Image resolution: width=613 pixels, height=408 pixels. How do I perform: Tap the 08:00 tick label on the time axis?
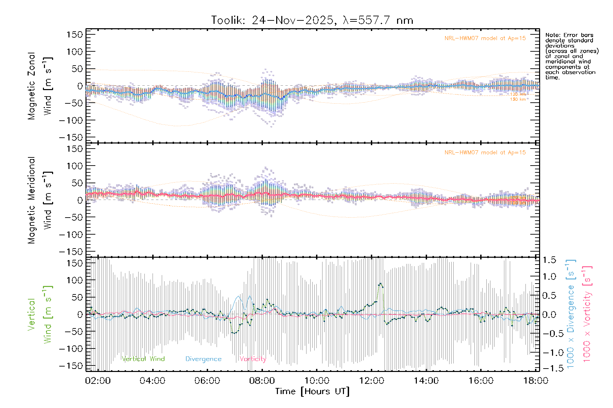click(262, 380)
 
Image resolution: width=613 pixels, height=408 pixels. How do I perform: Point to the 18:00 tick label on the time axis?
click(535, 380)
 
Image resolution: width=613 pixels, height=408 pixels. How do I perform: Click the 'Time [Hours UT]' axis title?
click(312, 391)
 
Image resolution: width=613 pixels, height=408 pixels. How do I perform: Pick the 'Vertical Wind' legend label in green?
click(143, 359)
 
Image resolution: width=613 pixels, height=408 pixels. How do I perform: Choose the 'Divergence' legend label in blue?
click(203, 359)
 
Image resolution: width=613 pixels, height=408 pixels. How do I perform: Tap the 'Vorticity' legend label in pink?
click(252, 359)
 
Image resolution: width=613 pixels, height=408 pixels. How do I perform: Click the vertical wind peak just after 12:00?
click(380, 284)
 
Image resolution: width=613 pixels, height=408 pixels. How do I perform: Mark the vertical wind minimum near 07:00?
click(234, 333)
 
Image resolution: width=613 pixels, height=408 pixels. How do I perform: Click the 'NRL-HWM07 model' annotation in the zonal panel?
click(485, 38)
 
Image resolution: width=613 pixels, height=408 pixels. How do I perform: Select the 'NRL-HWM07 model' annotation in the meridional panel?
click(485, 153)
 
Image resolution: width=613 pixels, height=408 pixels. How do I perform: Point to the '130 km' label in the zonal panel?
click(518, 99)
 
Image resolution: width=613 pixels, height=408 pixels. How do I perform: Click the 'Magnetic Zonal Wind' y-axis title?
click(40, 86)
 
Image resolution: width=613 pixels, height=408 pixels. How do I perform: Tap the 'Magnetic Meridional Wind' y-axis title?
click(40, 200)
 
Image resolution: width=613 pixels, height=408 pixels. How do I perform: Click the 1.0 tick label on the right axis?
click(549, 276)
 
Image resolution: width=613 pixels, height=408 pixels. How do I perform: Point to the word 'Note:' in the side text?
click(552, 35)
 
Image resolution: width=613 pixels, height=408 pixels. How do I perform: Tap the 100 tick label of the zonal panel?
click(75, 52)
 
